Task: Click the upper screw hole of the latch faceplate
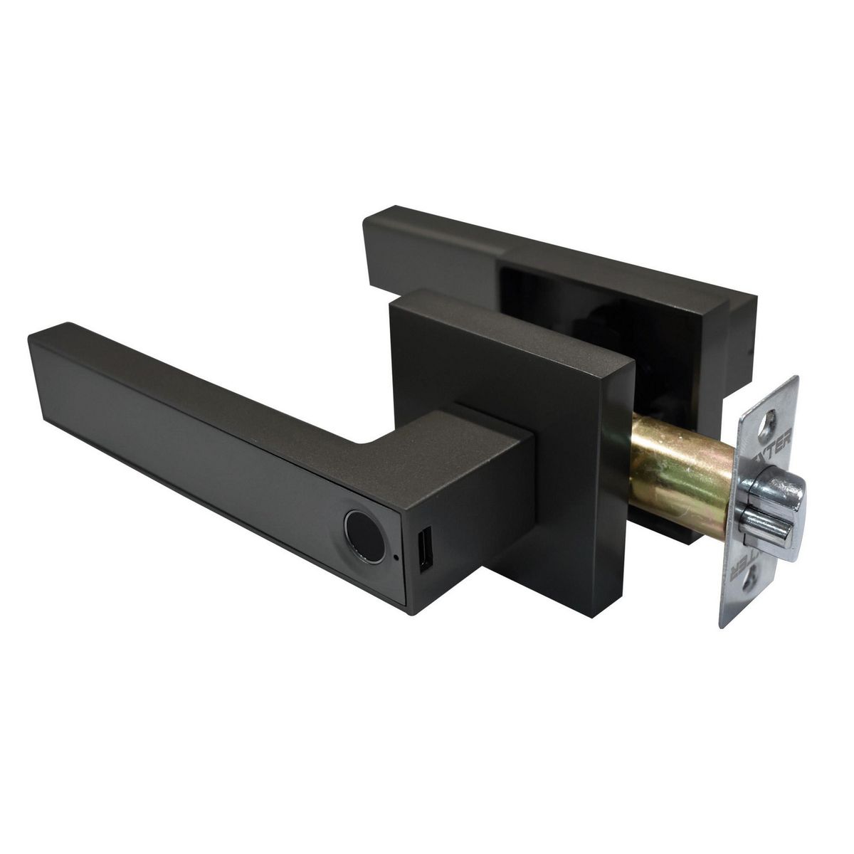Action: tap(767, 430)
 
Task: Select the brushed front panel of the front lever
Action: tap(199, 470)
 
